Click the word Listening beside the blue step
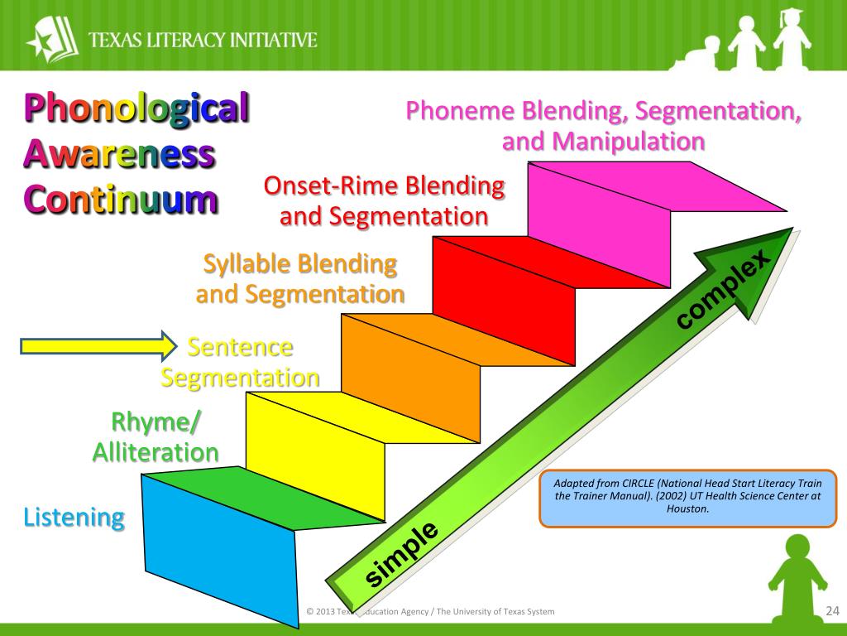click(74, 518)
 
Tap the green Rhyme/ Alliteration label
click(156, 437)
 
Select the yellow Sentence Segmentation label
click(240, 362)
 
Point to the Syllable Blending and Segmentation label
click(300, 278)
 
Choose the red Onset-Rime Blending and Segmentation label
click(384, 200)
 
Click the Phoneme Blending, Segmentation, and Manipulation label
click(603, 125)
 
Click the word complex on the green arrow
click(725, 291)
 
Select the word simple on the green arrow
click(402, 554)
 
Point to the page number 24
click(832, 611)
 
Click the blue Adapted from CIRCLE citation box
click(688, 498)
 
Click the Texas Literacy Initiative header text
click(202, 39)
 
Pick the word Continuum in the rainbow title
click(122, 200)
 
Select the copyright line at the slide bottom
click(430, 612)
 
